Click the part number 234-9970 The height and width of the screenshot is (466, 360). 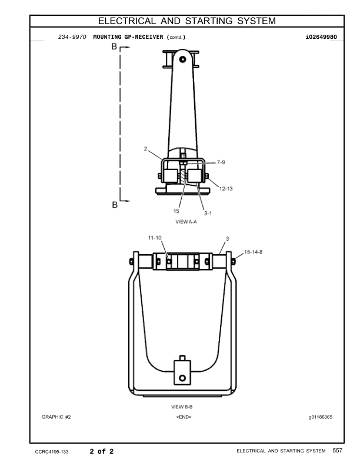point(72,37)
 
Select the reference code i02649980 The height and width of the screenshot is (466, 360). point(321,37)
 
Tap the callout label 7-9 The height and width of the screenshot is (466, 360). point(221,162)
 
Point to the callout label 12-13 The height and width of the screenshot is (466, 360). point(226,188)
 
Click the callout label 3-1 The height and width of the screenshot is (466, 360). point(208,213)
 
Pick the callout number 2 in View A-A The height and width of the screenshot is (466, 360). point(145,149)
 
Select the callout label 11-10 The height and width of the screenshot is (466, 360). point(155,238)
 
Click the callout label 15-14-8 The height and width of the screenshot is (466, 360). point(253,252)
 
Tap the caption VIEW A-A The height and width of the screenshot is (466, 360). point(186,222)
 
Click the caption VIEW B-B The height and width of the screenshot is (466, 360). point(182,407)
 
